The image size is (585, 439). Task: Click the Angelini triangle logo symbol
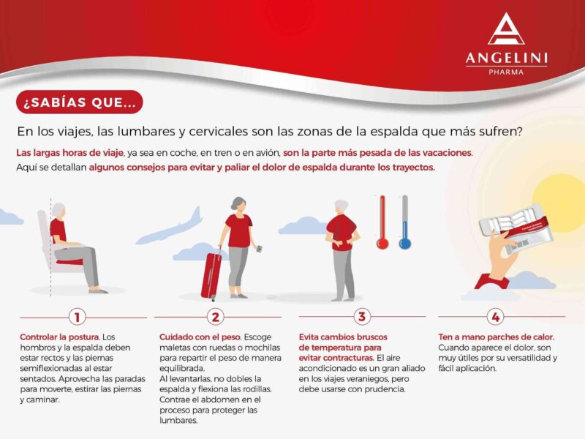(x=506, y=29)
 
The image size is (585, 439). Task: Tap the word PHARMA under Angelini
(x=506, y=72)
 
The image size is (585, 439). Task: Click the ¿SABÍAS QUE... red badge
(x=80, y=102)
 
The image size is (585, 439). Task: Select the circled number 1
(x=78, y=318)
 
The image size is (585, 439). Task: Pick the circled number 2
(x=216, y=318)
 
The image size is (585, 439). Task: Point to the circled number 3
(x=361, y=317)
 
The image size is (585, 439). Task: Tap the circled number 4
(x=496, y=317)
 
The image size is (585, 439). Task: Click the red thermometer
(x=382, y=222)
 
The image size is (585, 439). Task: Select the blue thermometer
(x=405, y=222)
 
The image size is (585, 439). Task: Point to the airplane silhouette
(x=170, y=227)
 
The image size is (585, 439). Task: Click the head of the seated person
(x=58, y=210)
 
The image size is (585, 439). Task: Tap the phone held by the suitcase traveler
(x=259, y=249)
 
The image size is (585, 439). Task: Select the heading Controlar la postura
(x=60, y=337)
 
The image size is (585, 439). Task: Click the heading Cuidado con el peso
(x=200, y=337)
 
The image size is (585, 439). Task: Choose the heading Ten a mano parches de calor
(x=497, y=337)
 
